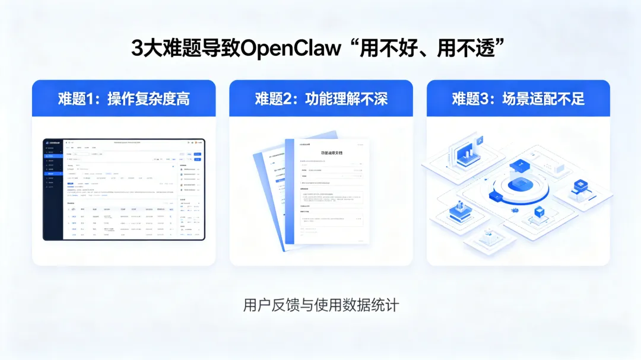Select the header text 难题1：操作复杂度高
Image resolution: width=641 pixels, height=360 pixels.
click(x=123, y=98)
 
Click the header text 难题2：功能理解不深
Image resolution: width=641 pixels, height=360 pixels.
click(x=321, y=98)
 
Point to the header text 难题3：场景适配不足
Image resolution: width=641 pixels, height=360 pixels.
click(x=518, y=98)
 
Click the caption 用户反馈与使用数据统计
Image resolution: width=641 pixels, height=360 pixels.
click(x=321, y=305)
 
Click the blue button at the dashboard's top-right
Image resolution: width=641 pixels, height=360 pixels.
click(x=198, y=154)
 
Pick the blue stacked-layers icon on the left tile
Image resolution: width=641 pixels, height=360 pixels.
click(x=459, y=209)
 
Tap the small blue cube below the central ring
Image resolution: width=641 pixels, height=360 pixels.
click(x=539, y=212)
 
